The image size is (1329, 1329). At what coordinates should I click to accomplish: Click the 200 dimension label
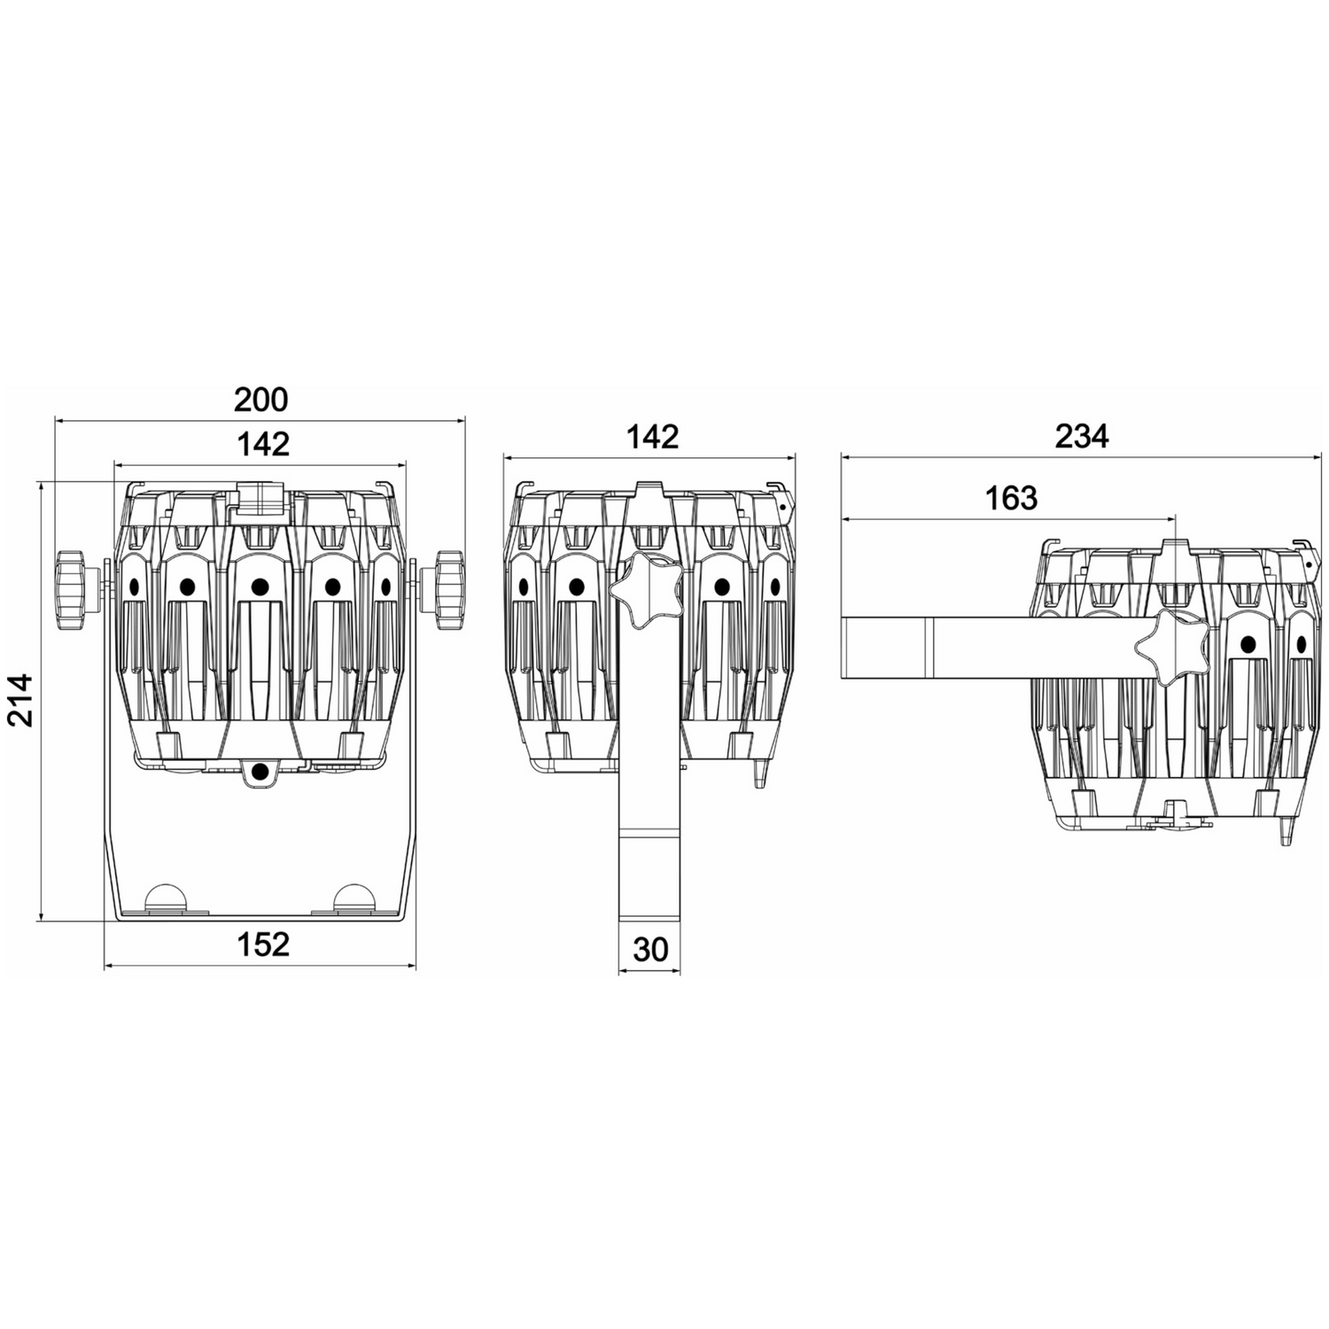(x=261, y=400)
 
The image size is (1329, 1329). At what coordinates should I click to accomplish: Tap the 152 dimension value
(x=263, y=944)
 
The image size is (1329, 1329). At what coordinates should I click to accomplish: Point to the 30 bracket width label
(x=650, y=949)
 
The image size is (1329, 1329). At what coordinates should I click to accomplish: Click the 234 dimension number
(x=1082, y=436)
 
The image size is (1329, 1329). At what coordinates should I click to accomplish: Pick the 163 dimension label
(x=1011, y=498)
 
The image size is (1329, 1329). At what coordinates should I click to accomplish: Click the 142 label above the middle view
(x=652, y=436)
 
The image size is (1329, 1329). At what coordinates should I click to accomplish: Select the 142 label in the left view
(x=263, y=443)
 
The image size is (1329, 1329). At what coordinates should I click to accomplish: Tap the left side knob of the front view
(x=70, y=589)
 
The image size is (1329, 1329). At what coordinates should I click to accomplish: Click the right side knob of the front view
(x=449, y=589)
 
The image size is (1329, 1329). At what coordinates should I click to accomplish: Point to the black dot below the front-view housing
(x=260, y=772)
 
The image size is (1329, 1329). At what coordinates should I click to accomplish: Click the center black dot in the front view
(x=260, y=587)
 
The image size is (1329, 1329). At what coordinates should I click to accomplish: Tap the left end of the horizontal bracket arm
(x=842, y=648)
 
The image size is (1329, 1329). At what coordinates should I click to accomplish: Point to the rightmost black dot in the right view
(x=1301, y=645)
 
